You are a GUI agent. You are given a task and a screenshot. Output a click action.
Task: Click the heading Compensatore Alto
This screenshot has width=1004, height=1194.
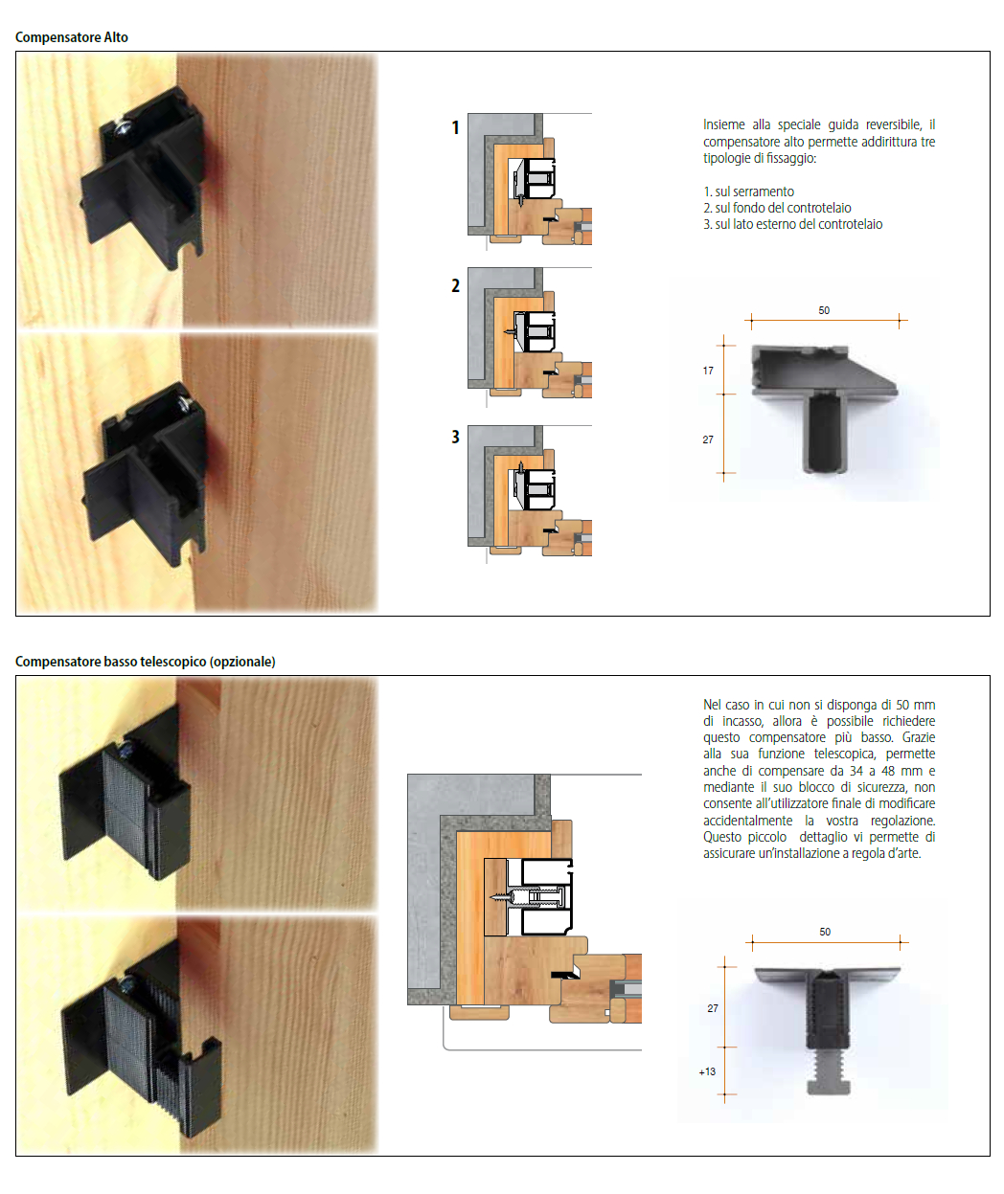72,37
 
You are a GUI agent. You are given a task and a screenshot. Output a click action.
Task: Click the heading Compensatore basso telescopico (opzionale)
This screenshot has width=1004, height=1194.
146,662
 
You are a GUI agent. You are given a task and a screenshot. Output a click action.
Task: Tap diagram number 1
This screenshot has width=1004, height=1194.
455,127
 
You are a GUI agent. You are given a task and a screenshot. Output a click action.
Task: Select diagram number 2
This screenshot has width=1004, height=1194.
455,285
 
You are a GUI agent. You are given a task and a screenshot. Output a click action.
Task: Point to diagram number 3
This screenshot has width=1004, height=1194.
455,437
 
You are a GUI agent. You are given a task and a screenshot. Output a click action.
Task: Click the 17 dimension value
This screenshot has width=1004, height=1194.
708,371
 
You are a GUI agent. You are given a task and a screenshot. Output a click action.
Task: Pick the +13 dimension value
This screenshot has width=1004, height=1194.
707,1071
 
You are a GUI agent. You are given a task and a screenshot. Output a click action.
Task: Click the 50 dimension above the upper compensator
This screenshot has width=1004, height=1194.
824,310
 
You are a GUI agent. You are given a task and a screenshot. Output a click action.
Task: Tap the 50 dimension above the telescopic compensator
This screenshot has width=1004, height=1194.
825,932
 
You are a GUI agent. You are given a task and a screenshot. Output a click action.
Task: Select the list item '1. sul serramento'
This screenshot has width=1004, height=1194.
749,191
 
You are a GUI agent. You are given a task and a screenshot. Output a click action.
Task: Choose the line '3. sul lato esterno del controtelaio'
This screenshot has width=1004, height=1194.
793,224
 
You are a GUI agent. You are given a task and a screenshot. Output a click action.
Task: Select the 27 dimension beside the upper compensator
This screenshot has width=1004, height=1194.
708,439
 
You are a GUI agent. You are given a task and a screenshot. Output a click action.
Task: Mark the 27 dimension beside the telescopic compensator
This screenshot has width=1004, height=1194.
713,1008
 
